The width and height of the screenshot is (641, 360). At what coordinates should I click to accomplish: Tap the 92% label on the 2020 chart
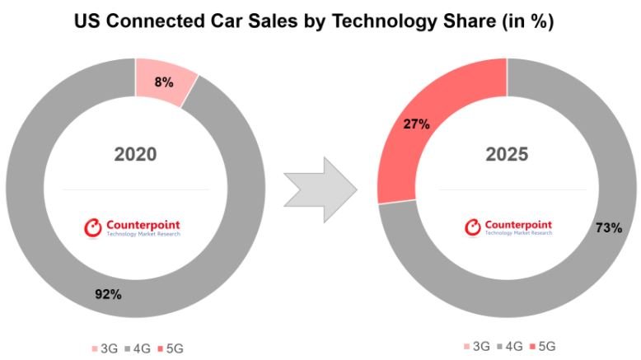click(107, 294)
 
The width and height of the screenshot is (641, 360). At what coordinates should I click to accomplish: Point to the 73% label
click(608, 228)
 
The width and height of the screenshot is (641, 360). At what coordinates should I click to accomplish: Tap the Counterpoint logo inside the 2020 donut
click(133, 227)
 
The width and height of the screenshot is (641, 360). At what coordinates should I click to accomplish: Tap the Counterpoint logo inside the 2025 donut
click(508, 227)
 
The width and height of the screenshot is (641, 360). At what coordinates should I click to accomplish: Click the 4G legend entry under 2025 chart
click(512, 346)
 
